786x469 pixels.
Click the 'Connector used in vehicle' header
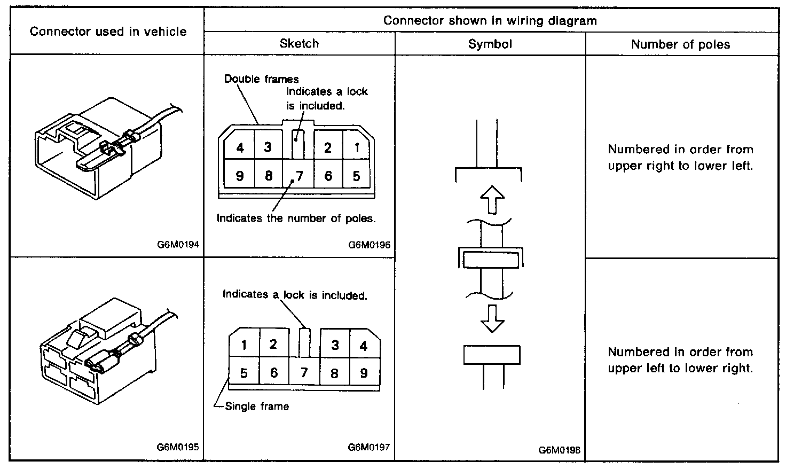pos(108,32)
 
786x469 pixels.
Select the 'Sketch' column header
pos(299,44)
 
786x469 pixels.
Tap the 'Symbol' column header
pos(490,44)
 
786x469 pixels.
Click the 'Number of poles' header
pos(680,44)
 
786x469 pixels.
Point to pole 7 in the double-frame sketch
pos(300,176)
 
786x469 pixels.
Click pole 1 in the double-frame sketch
pos(357,147)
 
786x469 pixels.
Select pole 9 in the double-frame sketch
pos(240,176)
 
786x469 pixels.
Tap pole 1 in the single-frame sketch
pos(244,345)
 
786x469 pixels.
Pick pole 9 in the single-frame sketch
pos(364,372)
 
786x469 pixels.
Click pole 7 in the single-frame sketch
pos(304,372)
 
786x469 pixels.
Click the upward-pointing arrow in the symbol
pos(492,200)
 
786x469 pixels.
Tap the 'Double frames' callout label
pos(261,79)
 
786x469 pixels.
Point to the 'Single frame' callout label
pos(257,407)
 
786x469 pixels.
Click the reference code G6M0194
pos(178,245)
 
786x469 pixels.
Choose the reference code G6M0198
pos(559,450)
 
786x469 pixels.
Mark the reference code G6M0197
pos(369,447)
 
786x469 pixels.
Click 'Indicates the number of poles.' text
pos(296,218)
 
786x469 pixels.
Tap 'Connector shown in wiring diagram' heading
pos(490,21)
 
